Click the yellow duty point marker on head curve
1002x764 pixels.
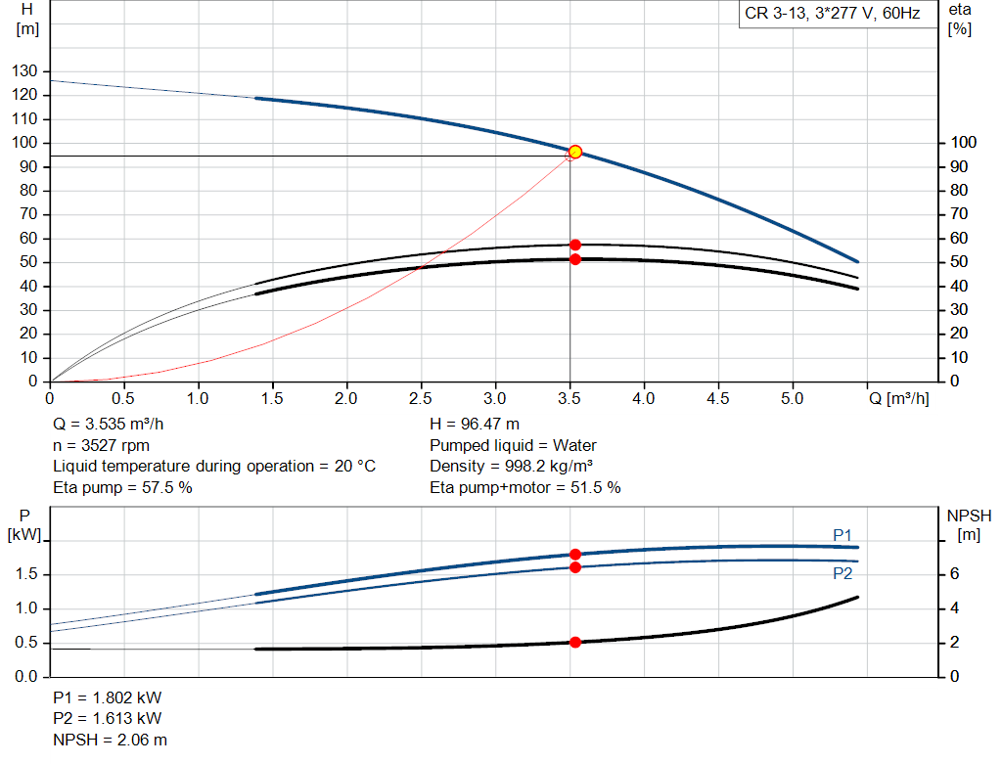click(575, 152)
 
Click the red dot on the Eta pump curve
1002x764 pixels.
click(575, 245)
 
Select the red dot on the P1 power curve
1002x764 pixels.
click(575, 555)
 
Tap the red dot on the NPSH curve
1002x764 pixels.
click(575, 643)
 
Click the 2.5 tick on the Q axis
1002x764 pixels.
click(421, 399)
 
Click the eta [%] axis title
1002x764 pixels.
click(960, 19)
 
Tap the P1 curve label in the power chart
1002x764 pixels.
click(843, 535)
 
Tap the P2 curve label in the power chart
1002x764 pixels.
click(843, 573)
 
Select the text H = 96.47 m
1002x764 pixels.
click(475, 425)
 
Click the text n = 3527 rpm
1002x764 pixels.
click(102, 445)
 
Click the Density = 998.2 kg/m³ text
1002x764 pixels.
click(512, 466)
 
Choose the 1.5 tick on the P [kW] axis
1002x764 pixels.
click(27, 574)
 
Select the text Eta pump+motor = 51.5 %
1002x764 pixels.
click(524, 487)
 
